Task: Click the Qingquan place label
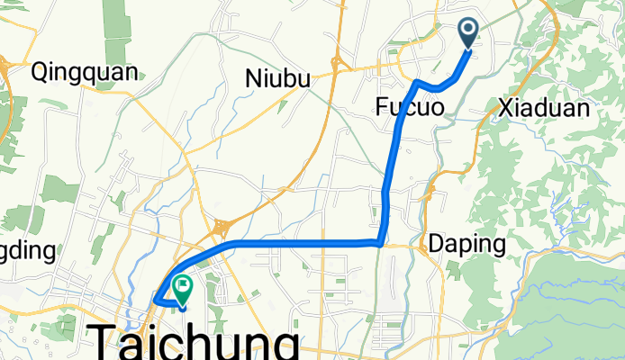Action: point(85,72)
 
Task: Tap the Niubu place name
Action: point(277,79)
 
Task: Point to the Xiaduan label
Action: point(544,109)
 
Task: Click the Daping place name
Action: point(466,244)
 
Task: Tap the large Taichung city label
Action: point(195,343)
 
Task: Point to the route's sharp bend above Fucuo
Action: point(417,82)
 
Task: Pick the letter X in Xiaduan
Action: point(505,109)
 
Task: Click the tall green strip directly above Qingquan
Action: point(115,27)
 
